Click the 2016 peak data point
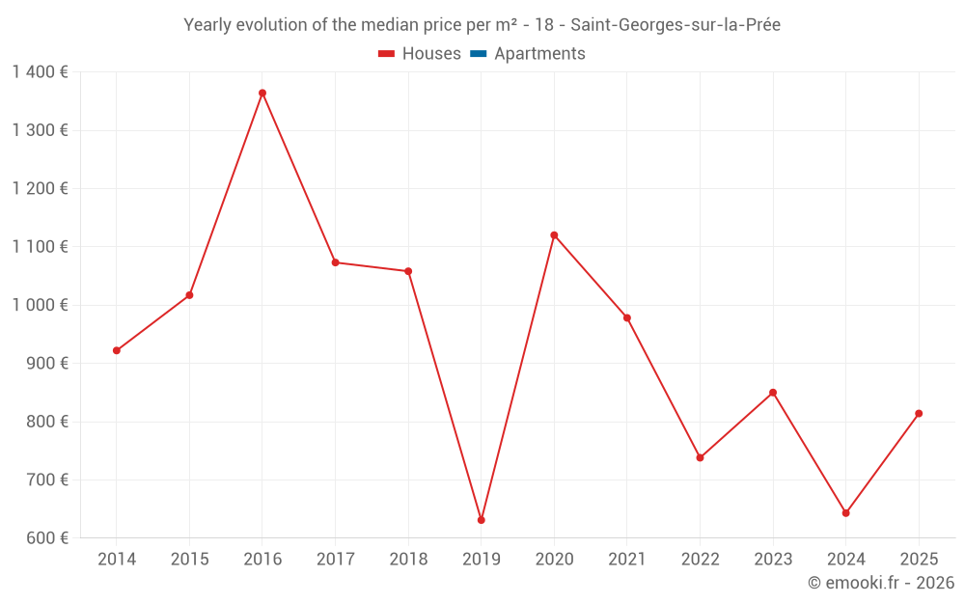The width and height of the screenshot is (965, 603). pos(262,94)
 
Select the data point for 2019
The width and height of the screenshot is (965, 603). pos(481,520)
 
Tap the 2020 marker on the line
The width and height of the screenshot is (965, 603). pos(554,234)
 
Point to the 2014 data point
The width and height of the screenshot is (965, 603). pos(117,350)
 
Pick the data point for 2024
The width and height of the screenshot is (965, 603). pos(845,513)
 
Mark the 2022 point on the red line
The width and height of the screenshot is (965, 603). pos(700,457)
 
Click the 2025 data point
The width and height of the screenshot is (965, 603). pos(919,414)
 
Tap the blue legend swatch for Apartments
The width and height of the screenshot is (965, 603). pos(477,54)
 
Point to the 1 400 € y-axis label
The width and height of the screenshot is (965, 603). pos(41,72)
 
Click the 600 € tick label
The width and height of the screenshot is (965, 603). pos(47,538)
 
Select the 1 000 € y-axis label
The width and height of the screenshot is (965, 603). pos(41,305)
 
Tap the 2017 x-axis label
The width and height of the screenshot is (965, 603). pos(335,560)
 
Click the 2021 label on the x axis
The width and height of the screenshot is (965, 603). pos(627,560)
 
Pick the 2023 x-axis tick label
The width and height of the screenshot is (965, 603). pos(773,560)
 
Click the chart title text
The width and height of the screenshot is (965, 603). pos(482,25)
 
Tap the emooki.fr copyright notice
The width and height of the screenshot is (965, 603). pos(880,583)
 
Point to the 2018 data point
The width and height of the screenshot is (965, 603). pos(408,271)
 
